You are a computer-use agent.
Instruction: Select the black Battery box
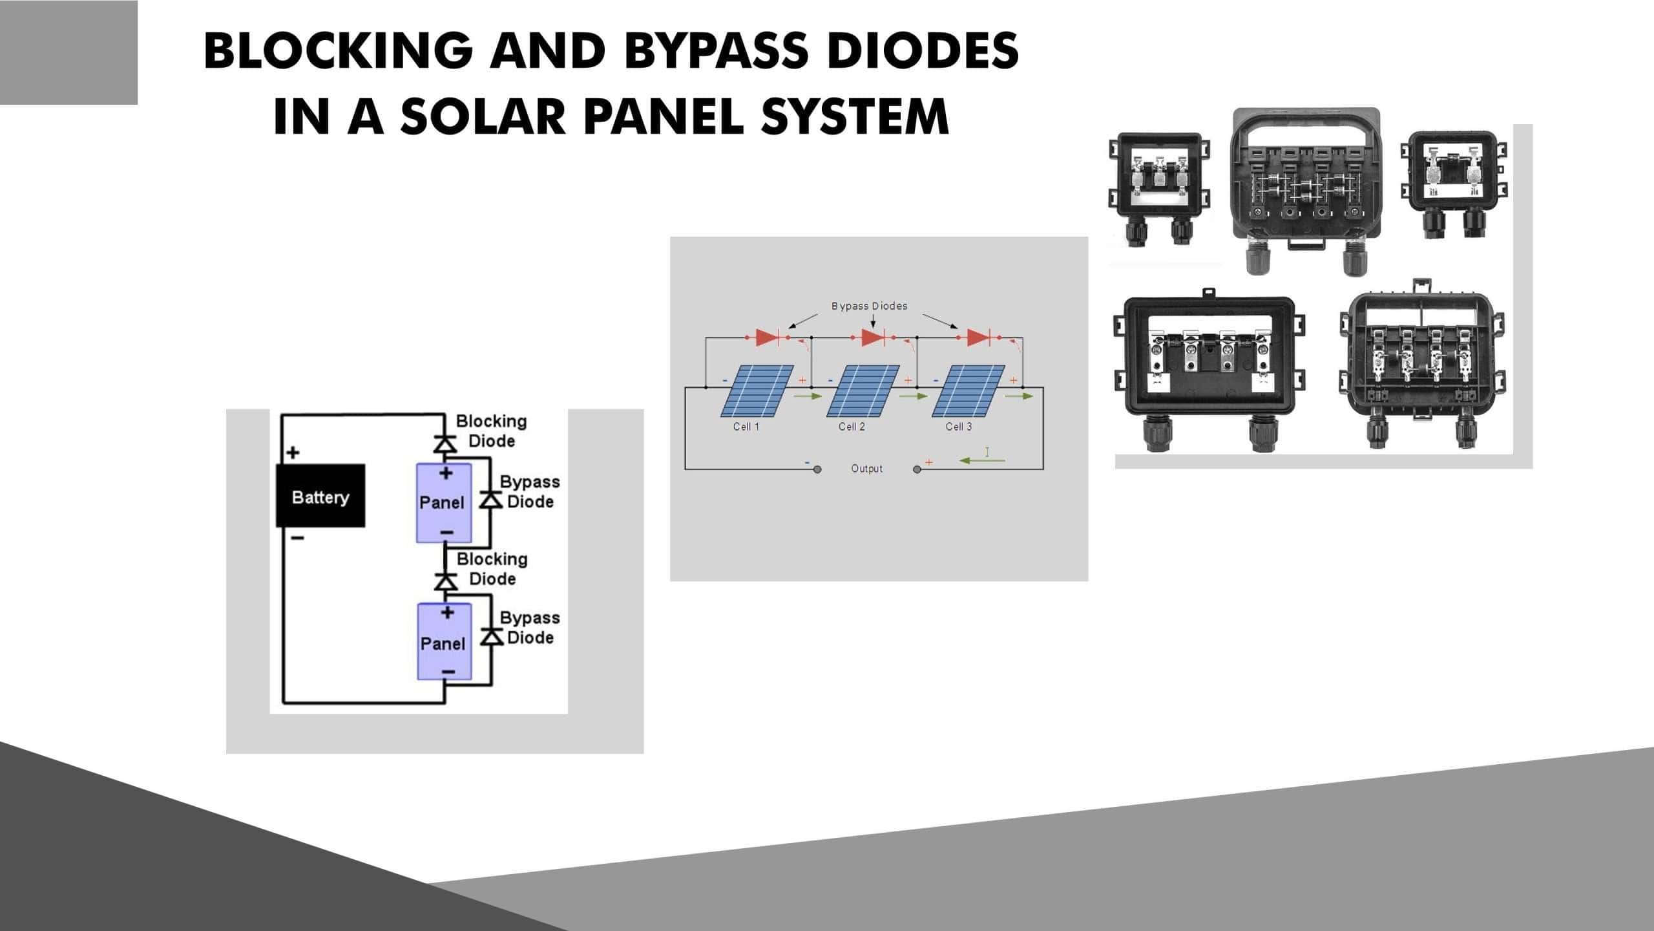320,496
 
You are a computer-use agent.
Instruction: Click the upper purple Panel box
443,502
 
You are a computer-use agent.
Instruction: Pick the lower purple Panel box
444,641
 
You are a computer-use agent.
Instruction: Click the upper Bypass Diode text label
530,491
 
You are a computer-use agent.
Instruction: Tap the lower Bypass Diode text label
530,627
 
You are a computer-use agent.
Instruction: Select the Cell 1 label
746,427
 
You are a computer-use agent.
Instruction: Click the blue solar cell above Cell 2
863,391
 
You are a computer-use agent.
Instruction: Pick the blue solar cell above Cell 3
968,391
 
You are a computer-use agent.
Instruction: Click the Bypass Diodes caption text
869,306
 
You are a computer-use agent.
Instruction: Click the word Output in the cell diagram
866,469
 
